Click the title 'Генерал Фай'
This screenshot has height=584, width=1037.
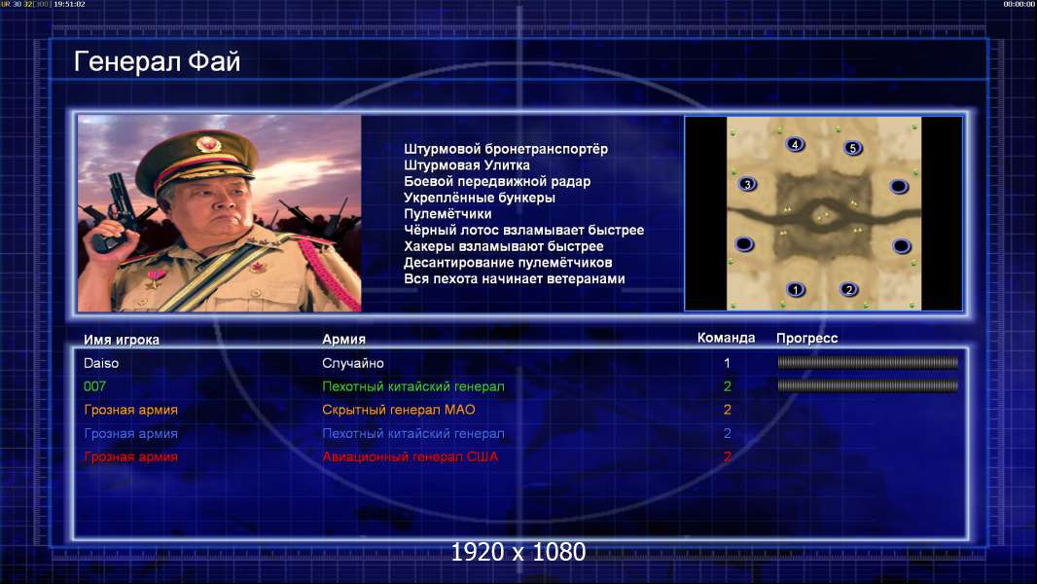click(157, 61)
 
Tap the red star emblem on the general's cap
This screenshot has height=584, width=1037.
click(207, 143)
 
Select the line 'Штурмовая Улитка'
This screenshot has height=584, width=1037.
click(467, 165)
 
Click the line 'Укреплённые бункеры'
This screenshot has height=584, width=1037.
click(480, 198)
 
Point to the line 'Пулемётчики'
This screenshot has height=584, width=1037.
click(447, 213)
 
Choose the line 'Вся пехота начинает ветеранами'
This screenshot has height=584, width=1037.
click(515, 278)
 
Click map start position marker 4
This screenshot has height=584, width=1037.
click(795, 144)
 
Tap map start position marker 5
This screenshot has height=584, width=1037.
click(853, 148)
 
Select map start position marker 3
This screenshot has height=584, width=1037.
click(747, 184)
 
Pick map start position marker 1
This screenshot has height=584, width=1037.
click(796, 289)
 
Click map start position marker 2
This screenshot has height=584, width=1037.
click(849, 289)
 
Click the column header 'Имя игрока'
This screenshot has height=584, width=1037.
click(122, 340)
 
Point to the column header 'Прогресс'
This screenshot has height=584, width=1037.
click(806, 338)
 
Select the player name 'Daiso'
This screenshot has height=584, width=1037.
click(101, 363)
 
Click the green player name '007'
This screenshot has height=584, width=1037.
click(94, 386)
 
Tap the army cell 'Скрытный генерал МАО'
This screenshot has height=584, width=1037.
click(399, 410)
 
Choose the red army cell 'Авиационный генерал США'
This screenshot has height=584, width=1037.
click(411, 456)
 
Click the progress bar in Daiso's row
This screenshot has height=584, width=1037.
click(868, 362)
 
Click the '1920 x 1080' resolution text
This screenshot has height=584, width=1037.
click(518, 552)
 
